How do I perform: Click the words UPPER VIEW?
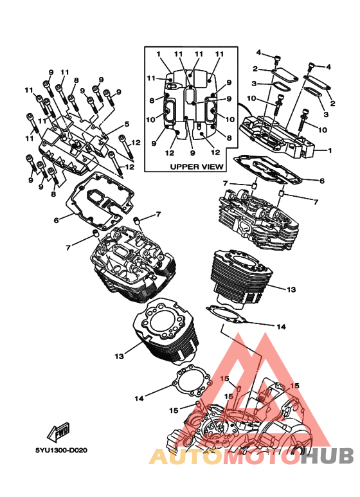(197, 167)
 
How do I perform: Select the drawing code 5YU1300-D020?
(61, 450)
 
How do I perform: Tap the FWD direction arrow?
(59, 432)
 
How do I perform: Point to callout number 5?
(127, 124)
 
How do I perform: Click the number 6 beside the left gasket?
(57, 220)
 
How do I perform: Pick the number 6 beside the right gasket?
(322, 181)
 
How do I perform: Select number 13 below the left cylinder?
(119, 356)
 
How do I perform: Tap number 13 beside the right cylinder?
(291, 289)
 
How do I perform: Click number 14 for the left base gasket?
(139, 399)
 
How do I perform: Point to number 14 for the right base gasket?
(281, 327)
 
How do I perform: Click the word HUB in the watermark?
(327, 456)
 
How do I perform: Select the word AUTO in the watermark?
(184, 456)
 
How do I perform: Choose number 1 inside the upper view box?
(159, 54)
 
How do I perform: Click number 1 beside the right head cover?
(330, 150)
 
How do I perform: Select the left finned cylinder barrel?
(165, 330)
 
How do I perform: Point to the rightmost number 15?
(294, 386)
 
